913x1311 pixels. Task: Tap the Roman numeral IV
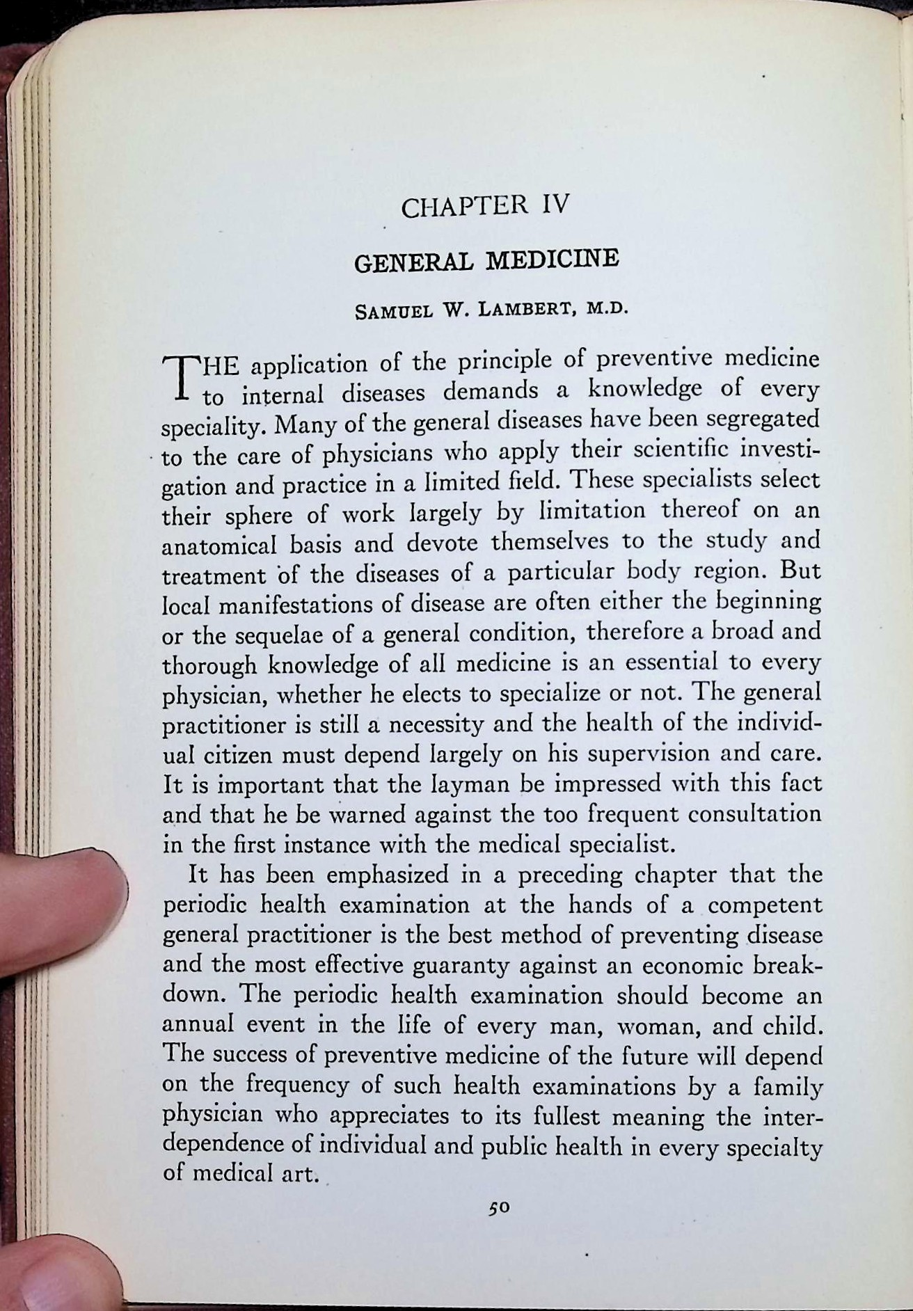click(553, 204)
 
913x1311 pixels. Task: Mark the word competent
click(770, 905)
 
